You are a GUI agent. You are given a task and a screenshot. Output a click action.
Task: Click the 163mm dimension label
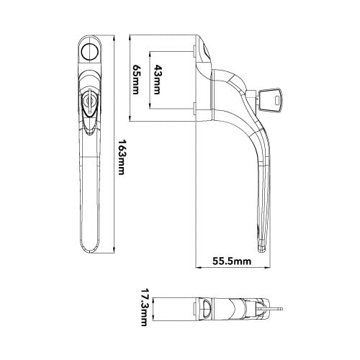pos(122,157)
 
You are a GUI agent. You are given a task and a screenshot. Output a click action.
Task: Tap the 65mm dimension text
pos(136,79)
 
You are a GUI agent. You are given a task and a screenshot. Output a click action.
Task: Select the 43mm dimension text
pos(157,79)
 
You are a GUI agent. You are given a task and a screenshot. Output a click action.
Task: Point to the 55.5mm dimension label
pos(232,261)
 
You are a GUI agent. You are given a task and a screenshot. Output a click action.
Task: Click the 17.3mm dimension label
pos(143,307)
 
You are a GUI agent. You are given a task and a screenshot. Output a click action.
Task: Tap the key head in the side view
pos(271,100)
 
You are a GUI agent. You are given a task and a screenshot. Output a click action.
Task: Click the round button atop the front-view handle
pos(90,52)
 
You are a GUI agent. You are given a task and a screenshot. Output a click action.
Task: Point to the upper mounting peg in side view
pos(194,51)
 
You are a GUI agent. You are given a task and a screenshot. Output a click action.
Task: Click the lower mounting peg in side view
pos(194,109)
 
